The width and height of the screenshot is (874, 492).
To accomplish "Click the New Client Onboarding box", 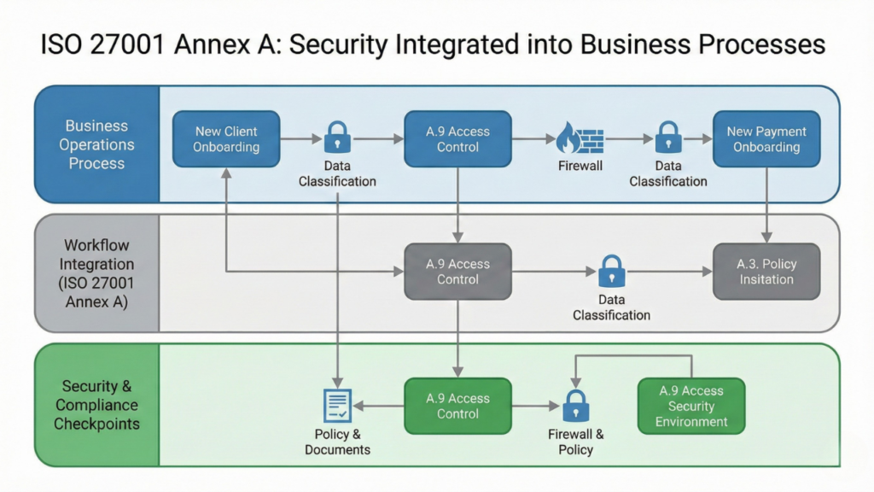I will point(226,139).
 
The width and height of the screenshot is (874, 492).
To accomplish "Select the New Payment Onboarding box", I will point(766,139).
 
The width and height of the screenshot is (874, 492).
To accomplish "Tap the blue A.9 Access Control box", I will point(457,139).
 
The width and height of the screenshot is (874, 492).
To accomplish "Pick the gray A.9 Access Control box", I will point(457,272).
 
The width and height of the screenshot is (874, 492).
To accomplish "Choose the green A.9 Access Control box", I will point(457,406).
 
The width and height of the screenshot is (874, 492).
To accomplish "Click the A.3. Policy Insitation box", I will point(766,272).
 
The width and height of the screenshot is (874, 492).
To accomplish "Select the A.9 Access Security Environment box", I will point(691,406).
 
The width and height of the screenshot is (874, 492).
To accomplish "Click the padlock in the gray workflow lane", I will point(611,272).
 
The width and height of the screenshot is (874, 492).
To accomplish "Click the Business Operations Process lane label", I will point(96,144).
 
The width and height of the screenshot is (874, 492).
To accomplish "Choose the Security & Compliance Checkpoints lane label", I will point(96,406).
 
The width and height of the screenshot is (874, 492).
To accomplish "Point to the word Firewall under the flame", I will point(580,166).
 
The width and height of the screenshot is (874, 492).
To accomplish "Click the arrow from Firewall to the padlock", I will point(626,138).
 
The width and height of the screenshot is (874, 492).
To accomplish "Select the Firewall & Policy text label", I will point(576,442).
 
